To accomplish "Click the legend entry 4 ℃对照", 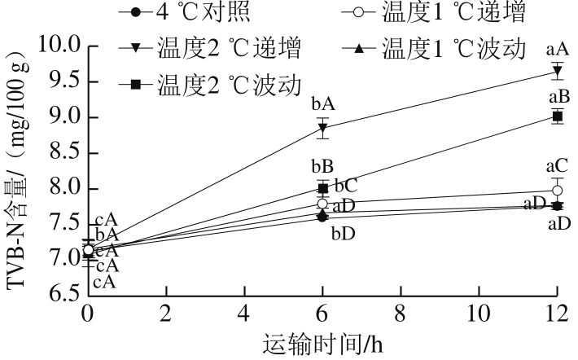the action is [x=184, y=11].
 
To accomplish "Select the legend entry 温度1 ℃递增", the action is [x=433, y=11].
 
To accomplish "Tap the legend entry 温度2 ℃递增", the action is [x=210, y=48].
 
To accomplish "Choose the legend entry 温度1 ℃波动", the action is [x=433, y=48].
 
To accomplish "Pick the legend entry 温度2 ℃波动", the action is [x=210, y=85].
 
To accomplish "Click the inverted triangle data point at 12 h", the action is [x=558, y=70].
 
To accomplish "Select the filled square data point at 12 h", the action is [x=558, y=116].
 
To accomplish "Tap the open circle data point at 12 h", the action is [x=558, y=191].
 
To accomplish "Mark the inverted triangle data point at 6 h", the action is [x=323, y=128].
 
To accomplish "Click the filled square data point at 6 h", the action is [x=323, y=188].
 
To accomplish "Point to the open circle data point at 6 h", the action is [x=322, y=204].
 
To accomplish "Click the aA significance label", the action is [x=558, y=49].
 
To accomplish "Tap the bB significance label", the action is [x=322, y=166].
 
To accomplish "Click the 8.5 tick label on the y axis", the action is [x=65, y=152].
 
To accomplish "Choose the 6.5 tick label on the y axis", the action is [x=65, y=295].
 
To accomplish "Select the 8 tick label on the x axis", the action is [x=401, y=314].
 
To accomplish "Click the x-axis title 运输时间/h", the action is [x=323, y=345].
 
